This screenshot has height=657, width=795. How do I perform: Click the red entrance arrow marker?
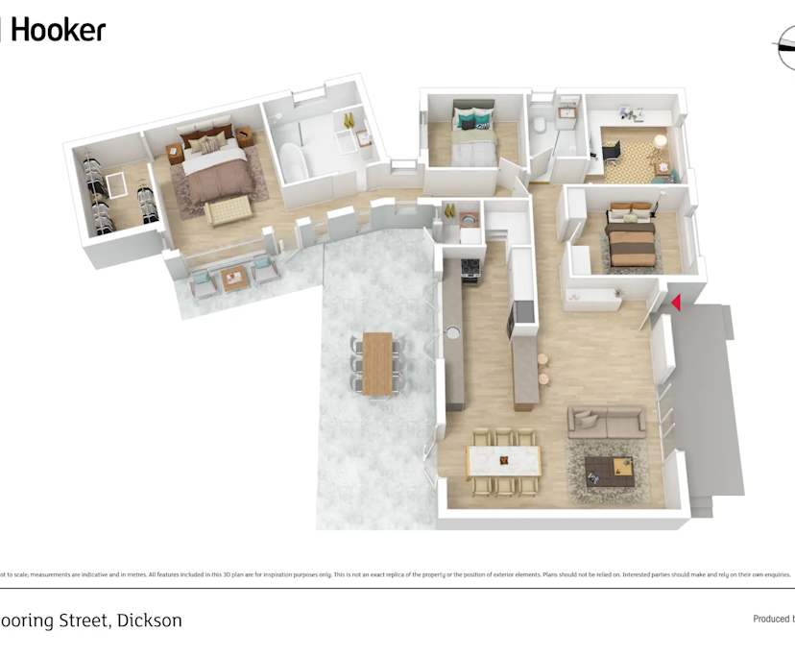coord(676,303)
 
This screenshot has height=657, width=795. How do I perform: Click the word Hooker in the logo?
coord(59,30)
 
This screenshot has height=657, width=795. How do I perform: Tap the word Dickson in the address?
coord(149,620)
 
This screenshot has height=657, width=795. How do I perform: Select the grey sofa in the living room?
coord(606,421)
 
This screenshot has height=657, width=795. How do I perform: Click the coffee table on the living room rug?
coord(612,469)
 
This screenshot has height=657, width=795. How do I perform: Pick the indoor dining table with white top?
coord(504,461)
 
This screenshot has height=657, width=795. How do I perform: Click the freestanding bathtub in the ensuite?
coord(293,162)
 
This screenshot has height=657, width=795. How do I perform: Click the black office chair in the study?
coord(612,150)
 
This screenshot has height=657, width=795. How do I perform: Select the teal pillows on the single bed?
coord(468,122)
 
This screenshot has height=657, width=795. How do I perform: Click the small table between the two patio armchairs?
coord(234,279)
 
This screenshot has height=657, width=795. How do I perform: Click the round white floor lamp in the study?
coord(660,141)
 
